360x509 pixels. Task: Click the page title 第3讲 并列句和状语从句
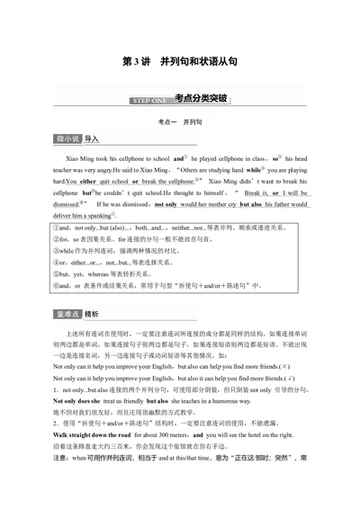coord(179,62)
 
